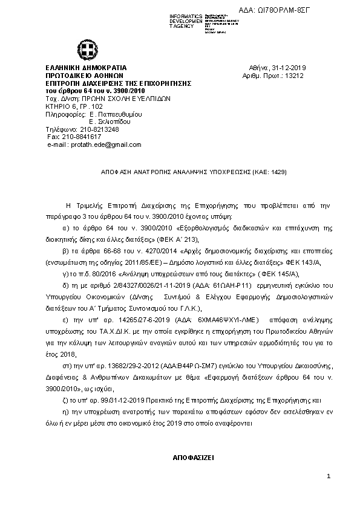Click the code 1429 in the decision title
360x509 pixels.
pyautogui.click(x=278, y=172)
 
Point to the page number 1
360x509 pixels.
pyautogui.click(x=329, y=478)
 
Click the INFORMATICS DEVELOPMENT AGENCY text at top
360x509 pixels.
pyautogui.click(x=186, y=21)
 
